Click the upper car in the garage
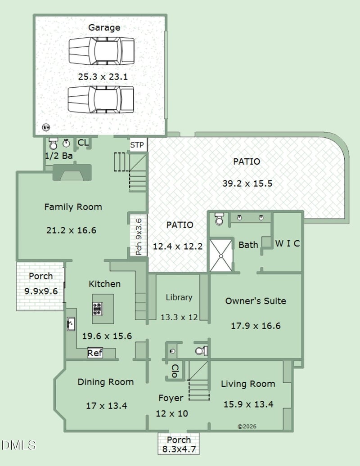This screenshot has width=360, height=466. point(101,51)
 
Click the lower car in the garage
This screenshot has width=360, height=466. point(101,99)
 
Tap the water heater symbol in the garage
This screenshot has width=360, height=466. point(46,127)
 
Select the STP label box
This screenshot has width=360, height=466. point(137,145)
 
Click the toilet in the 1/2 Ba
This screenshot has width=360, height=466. point(53,143)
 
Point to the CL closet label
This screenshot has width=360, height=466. point(83,143)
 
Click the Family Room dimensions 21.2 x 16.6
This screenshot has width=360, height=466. point(72,230)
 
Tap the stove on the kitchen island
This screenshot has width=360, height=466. point(97,309)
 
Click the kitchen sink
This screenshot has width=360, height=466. point(71,324)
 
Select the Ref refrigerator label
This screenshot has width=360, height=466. point(95,353)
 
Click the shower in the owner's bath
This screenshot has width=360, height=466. point(221,256)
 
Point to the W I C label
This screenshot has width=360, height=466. point(288,244)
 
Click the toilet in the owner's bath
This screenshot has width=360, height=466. point(219,219)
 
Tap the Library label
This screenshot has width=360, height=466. point(179,297)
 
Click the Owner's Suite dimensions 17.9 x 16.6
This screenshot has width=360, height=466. point(256,326)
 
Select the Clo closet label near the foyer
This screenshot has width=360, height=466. point(175,371)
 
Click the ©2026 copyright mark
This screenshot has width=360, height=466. point(247,426)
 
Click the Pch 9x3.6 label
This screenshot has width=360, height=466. point(139,237)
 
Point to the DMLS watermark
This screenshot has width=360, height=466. point(18,445)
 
